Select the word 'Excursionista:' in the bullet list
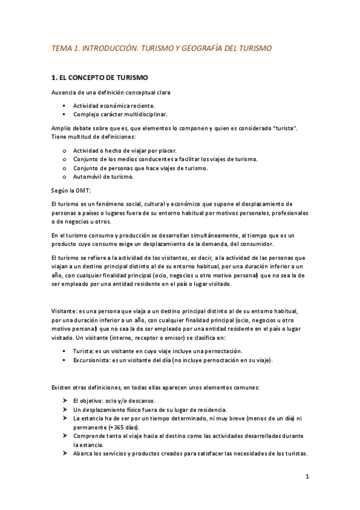point(93,360)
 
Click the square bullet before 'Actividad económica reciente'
point(63,105)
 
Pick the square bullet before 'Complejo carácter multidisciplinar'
point(63,114)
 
